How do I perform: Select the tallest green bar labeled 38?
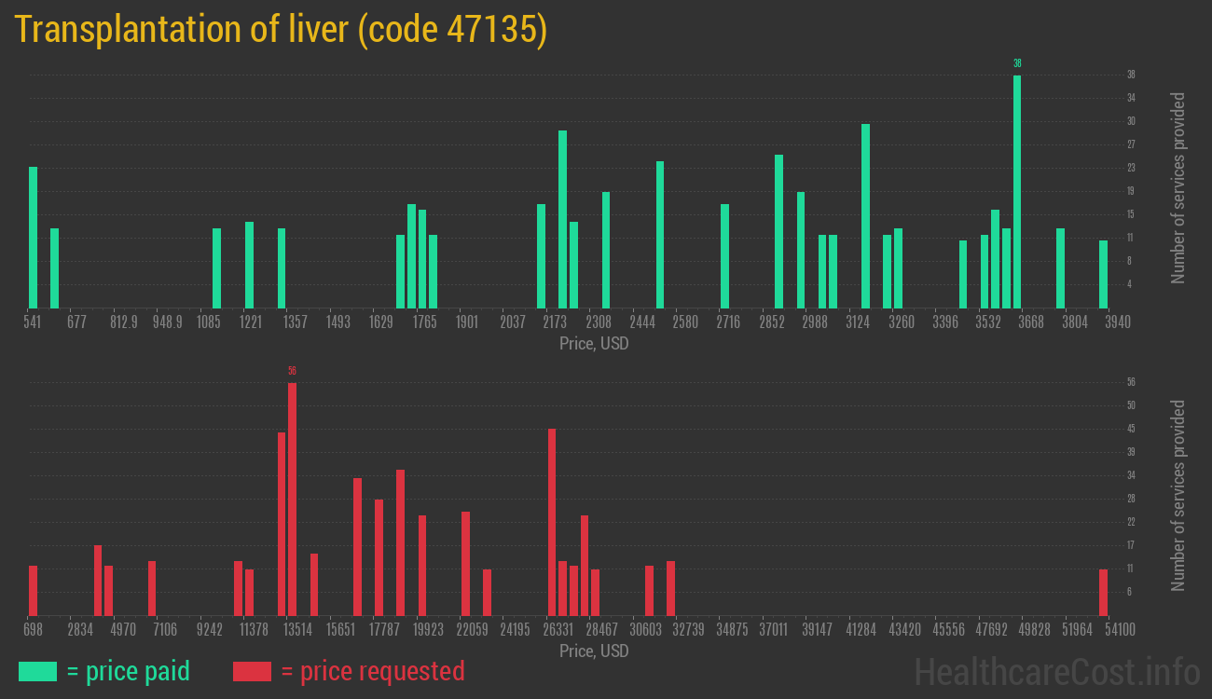1017,191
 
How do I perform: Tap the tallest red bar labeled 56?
292,499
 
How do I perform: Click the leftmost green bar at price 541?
33,238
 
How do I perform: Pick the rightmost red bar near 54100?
1103,592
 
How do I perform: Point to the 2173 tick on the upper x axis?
555,322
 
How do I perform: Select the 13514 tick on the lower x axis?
297,630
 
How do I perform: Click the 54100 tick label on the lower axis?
1120,630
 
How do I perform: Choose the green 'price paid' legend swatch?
37,671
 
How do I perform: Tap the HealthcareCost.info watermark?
1056,671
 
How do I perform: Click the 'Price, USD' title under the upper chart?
594,344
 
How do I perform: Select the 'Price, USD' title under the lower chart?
594,651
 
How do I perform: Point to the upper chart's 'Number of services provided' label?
1178,187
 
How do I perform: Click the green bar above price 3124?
865,215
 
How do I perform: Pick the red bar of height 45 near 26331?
552,522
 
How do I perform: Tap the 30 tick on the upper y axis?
1131,121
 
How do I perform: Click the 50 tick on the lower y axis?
1131,405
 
